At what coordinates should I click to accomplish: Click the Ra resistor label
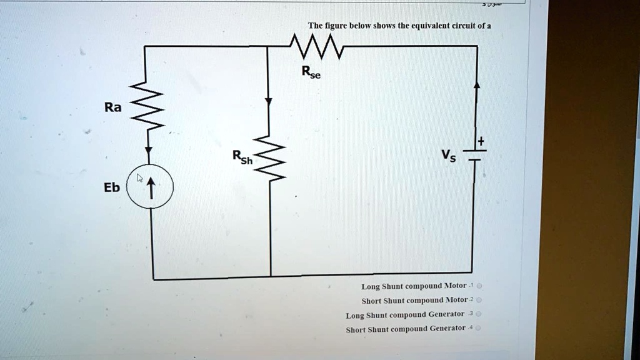(112, 107)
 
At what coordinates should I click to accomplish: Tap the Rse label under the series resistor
(311, 73)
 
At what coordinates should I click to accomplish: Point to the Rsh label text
(242, 157)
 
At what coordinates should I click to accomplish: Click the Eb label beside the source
(112, 187)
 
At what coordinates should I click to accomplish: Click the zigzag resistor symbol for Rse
(316, 47)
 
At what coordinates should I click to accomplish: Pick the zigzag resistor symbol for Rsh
(271, 159)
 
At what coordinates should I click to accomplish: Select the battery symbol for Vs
(474, 155)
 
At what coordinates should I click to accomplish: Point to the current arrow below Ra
(149, 151)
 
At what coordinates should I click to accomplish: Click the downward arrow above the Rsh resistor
(268, 102)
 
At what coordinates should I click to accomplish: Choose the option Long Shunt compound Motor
(414, 286)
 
